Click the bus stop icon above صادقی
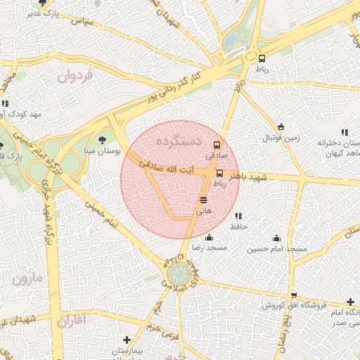217,145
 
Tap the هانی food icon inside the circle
204,200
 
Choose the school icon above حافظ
238,217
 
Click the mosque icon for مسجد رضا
210,238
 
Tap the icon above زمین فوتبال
281,127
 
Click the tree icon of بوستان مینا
103,140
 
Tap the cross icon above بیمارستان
127,340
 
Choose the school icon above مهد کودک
5,104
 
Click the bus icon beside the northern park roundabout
262,59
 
